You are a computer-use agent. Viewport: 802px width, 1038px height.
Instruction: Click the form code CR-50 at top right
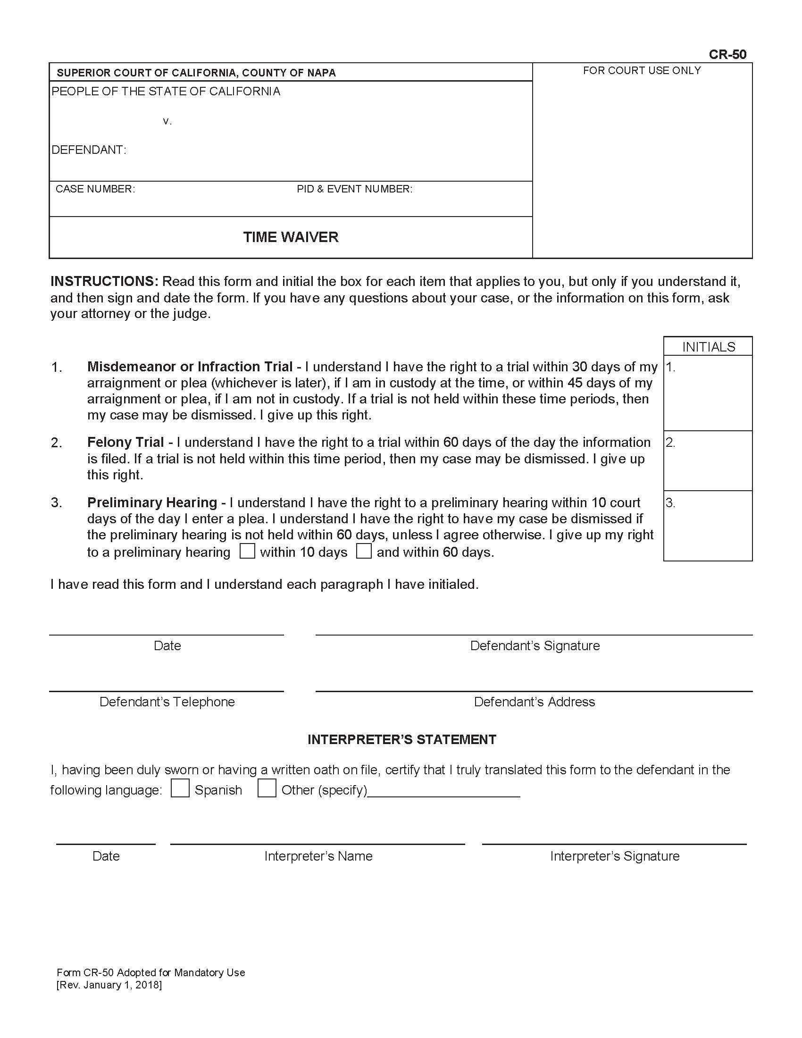(727, 55)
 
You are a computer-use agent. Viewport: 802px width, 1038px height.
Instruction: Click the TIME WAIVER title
(291, 237)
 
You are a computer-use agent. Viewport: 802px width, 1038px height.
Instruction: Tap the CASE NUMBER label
(95, 189)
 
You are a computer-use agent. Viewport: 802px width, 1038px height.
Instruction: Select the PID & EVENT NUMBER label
(354, 189)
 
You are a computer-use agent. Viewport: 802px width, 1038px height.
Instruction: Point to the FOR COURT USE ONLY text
(642, 71)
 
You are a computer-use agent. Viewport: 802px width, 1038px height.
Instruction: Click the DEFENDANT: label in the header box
(89, 150)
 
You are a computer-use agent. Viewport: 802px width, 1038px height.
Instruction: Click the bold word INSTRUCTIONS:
(104, 281)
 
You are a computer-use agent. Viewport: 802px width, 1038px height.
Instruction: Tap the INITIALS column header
(709, 347)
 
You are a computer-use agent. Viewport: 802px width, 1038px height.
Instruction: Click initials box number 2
(708, 461)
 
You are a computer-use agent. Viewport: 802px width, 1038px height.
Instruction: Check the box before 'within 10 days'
(247, 551)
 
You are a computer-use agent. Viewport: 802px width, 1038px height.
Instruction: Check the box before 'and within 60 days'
(364, 551)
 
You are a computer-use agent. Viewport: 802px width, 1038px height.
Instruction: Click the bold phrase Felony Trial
(125, 443)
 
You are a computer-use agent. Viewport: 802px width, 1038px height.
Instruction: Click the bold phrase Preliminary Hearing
(152, 502)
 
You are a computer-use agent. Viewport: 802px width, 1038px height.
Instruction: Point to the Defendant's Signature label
(535, 646)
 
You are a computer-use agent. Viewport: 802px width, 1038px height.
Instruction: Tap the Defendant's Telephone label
(167, 702)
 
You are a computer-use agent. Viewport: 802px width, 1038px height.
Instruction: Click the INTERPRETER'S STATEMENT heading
(401, 739)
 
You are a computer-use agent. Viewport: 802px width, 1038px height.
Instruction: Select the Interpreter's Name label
(318, 856)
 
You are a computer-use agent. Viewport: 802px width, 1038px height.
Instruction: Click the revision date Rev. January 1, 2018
(109, 985)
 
